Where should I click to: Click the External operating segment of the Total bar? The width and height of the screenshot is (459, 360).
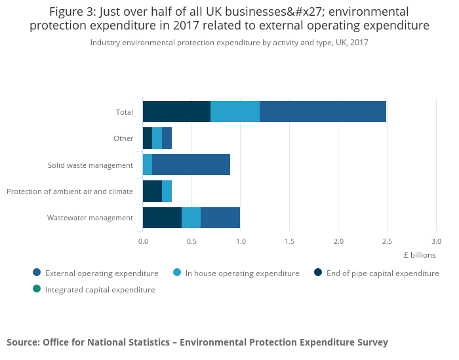323,111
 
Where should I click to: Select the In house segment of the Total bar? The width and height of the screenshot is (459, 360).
235,111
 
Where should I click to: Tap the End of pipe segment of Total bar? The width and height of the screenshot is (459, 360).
177,111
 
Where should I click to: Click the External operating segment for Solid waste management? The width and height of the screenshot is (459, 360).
191,165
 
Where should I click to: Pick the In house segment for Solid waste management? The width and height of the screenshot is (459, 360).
148,165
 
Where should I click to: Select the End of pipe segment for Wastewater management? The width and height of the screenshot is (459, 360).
162,218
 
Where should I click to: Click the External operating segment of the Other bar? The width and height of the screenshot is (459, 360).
167,138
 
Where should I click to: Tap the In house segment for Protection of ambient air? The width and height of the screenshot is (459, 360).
167,191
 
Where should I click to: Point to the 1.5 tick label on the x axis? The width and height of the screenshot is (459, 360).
290,241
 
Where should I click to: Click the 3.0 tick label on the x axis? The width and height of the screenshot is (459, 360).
436,241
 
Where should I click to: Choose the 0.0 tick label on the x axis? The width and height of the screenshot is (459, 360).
143,241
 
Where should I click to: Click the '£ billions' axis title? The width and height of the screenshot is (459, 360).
420,255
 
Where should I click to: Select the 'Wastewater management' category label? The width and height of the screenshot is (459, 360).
90,218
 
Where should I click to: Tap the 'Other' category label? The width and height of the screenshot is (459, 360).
123,138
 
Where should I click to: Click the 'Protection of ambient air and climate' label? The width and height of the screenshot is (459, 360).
70,191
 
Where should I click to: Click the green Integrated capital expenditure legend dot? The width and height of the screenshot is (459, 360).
37,289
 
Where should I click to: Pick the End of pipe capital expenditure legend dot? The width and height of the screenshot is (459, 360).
318,273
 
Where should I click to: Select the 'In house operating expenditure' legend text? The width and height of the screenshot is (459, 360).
243,273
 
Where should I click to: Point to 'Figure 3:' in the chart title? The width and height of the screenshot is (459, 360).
72,12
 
